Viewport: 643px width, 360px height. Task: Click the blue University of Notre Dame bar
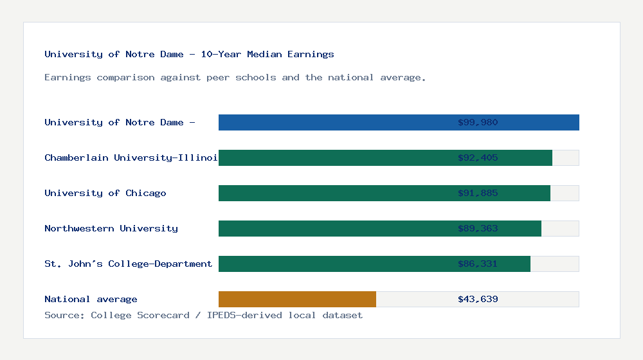click(334, 122)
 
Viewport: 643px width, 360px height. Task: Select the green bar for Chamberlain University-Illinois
click(334, 157)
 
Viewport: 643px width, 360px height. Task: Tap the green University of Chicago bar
click(334, 193)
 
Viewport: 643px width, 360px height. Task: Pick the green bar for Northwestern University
click(334, 228)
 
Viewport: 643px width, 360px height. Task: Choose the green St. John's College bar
click(334, 264)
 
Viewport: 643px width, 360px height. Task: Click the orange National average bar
click(297, 299)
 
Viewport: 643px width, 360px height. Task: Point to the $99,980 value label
click(478, 122)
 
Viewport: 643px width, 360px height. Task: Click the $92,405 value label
click(478, 157)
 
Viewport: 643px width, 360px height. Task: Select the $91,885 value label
click(478, 193)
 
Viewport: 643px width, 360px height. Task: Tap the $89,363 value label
click(478, 228)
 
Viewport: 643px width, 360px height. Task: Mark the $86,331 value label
click(478, 264)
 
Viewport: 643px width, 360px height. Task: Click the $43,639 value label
click(478, 299)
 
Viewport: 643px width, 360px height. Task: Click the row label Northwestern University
click(111, 228)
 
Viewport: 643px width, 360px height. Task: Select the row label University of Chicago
click(105, 193)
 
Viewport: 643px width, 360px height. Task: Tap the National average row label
click(91, 299)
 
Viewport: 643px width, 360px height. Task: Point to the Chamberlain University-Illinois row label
click(131, 157)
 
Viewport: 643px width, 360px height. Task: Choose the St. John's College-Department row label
click(128, 264)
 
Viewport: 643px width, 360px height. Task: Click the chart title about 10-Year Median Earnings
click(189, 54)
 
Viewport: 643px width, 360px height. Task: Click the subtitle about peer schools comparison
click(235, 77)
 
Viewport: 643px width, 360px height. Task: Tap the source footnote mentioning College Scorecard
click(203, 315)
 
